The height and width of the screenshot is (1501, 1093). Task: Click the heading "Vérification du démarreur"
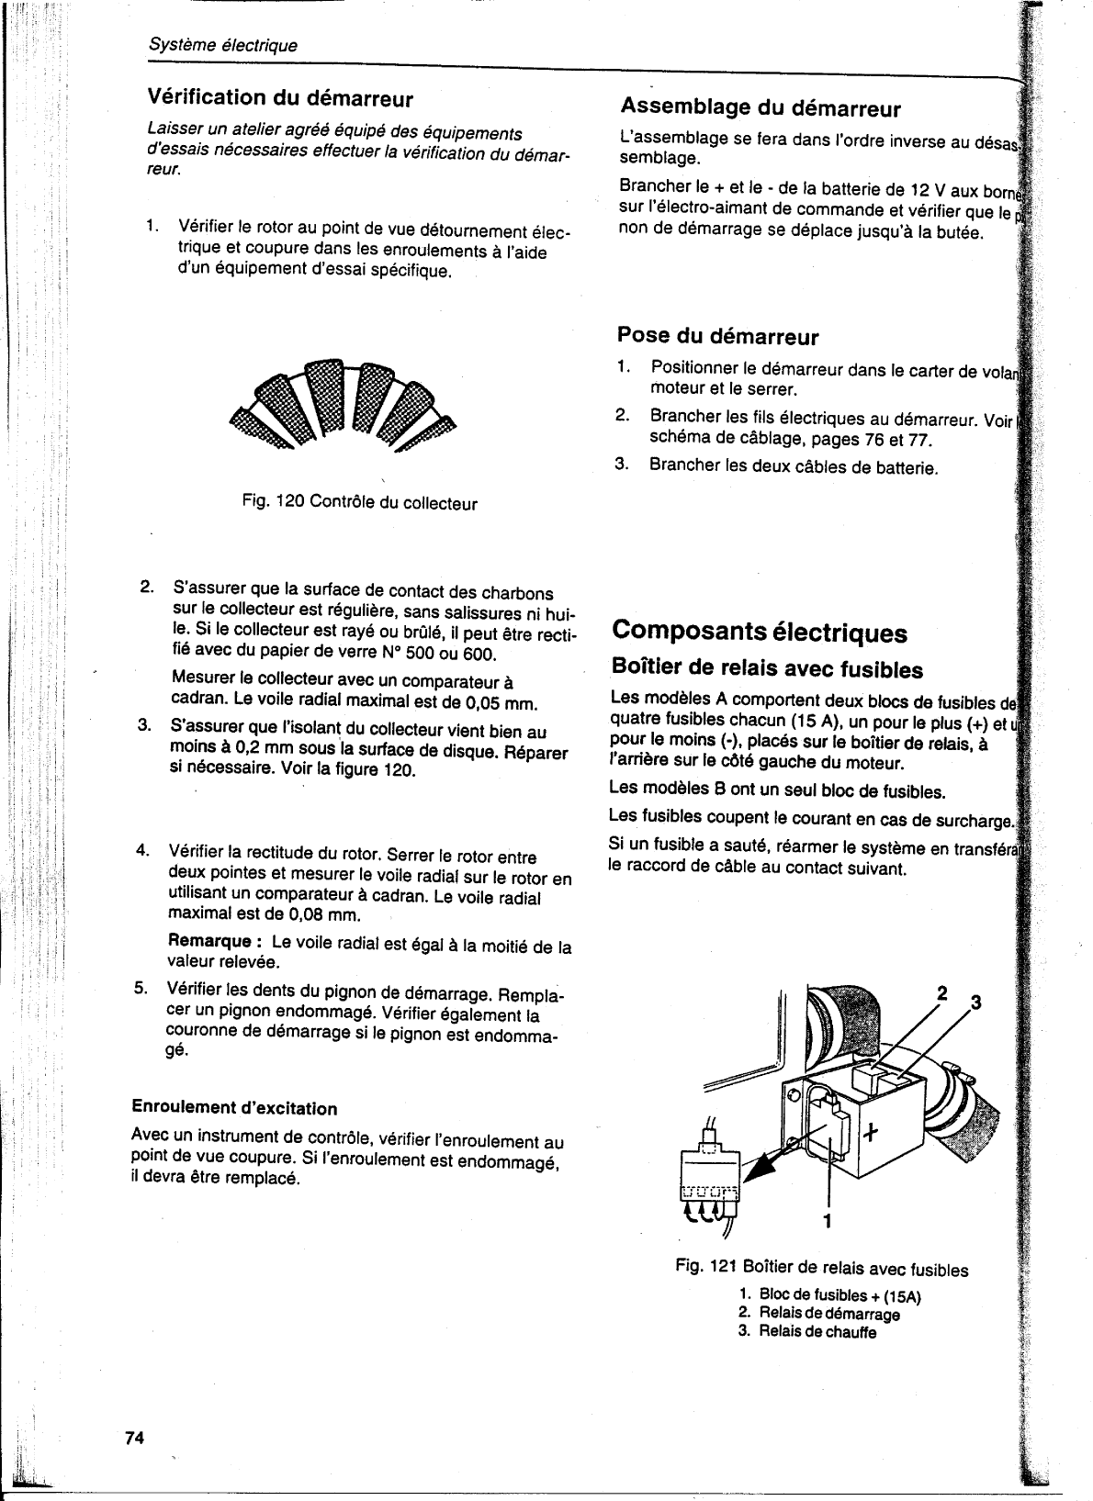tap(280, 98)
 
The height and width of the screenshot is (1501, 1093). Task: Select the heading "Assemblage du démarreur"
tap(761, 109)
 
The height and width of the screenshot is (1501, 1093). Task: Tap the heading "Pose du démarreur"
tap(717, 336)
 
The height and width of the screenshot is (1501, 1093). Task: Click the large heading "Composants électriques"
tap(759, 632)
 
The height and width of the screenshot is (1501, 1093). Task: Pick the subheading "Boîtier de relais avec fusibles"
tap(767, 668)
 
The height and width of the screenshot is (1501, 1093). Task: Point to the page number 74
tap(135, 1438)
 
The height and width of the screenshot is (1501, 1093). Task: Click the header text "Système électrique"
tap(222, 45)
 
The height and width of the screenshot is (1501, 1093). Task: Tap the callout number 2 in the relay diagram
tap(941, 992)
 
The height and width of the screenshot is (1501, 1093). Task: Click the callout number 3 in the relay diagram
tap(975, 1002)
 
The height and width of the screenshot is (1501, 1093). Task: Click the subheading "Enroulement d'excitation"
tap(234, 1108)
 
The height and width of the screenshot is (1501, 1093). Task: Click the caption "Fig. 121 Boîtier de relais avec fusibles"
tap(821, 1270)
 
